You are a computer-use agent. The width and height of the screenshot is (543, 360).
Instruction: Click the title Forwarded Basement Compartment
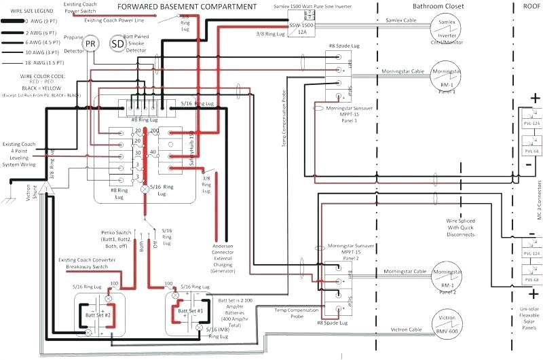(179, 7)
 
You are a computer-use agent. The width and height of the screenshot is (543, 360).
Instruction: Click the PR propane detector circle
(90, 44)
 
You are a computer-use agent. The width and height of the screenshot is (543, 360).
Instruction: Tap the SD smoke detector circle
(118, 44)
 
